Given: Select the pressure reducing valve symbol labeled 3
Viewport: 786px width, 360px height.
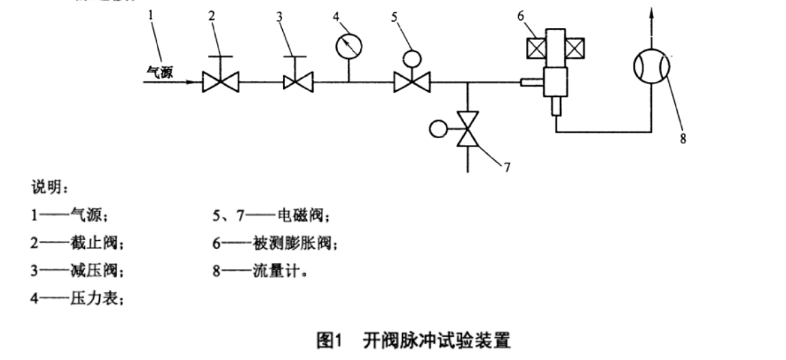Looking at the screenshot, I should [x=299, y=83].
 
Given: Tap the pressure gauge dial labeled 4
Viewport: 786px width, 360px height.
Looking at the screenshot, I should [x=349, y=46].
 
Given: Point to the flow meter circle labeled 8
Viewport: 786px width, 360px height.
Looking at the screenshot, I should [x=651, y=68].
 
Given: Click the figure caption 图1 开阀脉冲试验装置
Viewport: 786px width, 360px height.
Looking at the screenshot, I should [x=413, y=339].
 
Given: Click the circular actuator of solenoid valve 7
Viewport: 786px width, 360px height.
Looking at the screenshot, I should [x=437, y=127].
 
